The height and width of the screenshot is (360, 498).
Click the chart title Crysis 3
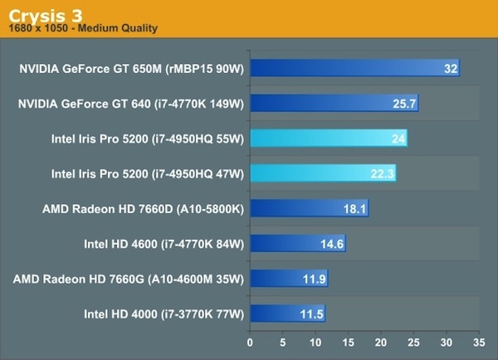(42, 12)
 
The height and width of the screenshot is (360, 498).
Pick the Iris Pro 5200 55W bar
(329, 139)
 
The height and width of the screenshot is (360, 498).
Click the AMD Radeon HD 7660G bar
(289, 278)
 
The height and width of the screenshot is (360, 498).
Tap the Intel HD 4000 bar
(287, 313)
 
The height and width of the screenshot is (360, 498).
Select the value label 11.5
(311, 314)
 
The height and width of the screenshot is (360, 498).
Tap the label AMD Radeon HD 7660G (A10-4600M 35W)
(128, 279)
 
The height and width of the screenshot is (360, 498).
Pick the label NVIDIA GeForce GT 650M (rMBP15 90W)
(131, 69)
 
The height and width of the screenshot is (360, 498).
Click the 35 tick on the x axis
(477, 340)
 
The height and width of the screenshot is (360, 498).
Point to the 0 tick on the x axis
(250, 340)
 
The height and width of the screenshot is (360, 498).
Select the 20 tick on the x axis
(380, 340)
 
